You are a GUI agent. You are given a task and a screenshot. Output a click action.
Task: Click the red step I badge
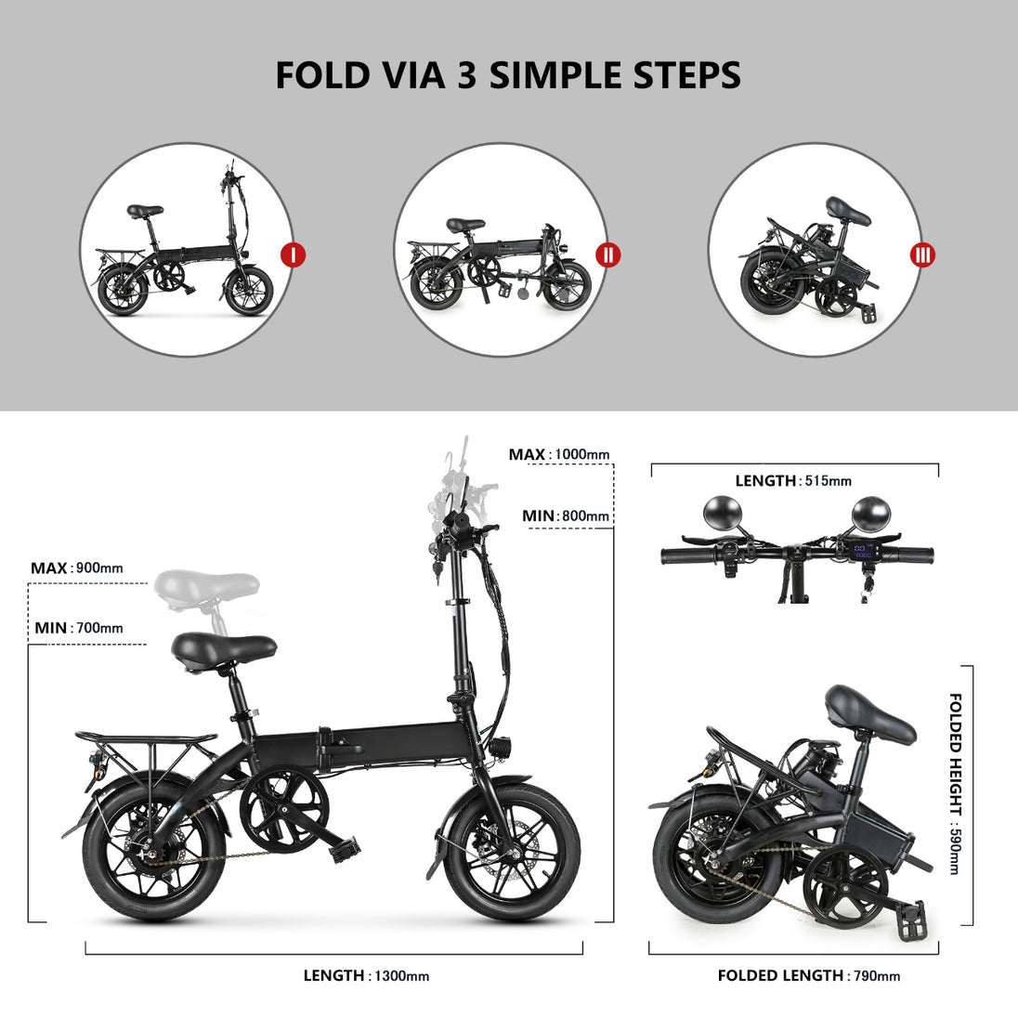293,254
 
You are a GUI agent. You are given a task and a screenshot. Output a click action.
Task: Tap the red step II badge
608,254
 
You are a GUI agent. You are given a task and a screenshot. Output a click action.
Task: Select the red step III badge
923,254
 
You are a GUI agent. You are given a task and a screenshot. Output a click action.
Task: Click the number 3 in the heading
467,75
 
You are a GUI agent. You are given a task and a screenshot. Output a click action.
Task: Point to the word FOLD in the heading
322,75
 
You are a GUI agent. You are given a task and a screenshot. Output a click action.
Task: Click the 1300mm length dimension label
366,976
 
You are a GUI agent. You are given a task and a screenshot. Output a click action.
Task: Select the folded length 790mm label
809,976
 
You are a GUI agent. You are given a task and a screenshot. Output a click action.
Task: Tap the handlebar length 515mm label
793,481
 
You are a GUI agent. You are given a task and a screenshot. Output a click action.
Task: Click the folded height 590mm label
955,784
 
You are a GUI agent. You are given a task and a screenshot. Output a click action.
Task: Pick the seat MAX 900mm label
76,568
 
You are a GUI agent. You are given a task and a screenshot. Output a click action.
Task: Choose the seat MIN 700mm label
79,628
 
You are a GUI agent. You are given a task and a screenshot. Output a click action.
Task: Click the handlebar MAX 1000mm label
559,454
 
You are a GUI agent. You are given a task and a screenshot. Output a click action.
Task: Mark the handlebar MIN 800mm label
566,516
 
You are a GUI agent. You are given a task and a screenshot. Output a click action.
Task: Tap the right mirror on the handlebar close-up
871,513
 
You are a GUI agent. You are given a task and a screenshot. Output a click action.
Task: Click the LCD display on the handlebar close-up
863,552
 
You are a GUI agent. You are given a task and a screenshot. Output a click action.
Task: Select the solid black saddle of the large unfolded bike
223,651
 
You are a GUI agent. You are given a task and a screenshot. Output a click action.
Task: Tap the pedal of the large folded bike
911,920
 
